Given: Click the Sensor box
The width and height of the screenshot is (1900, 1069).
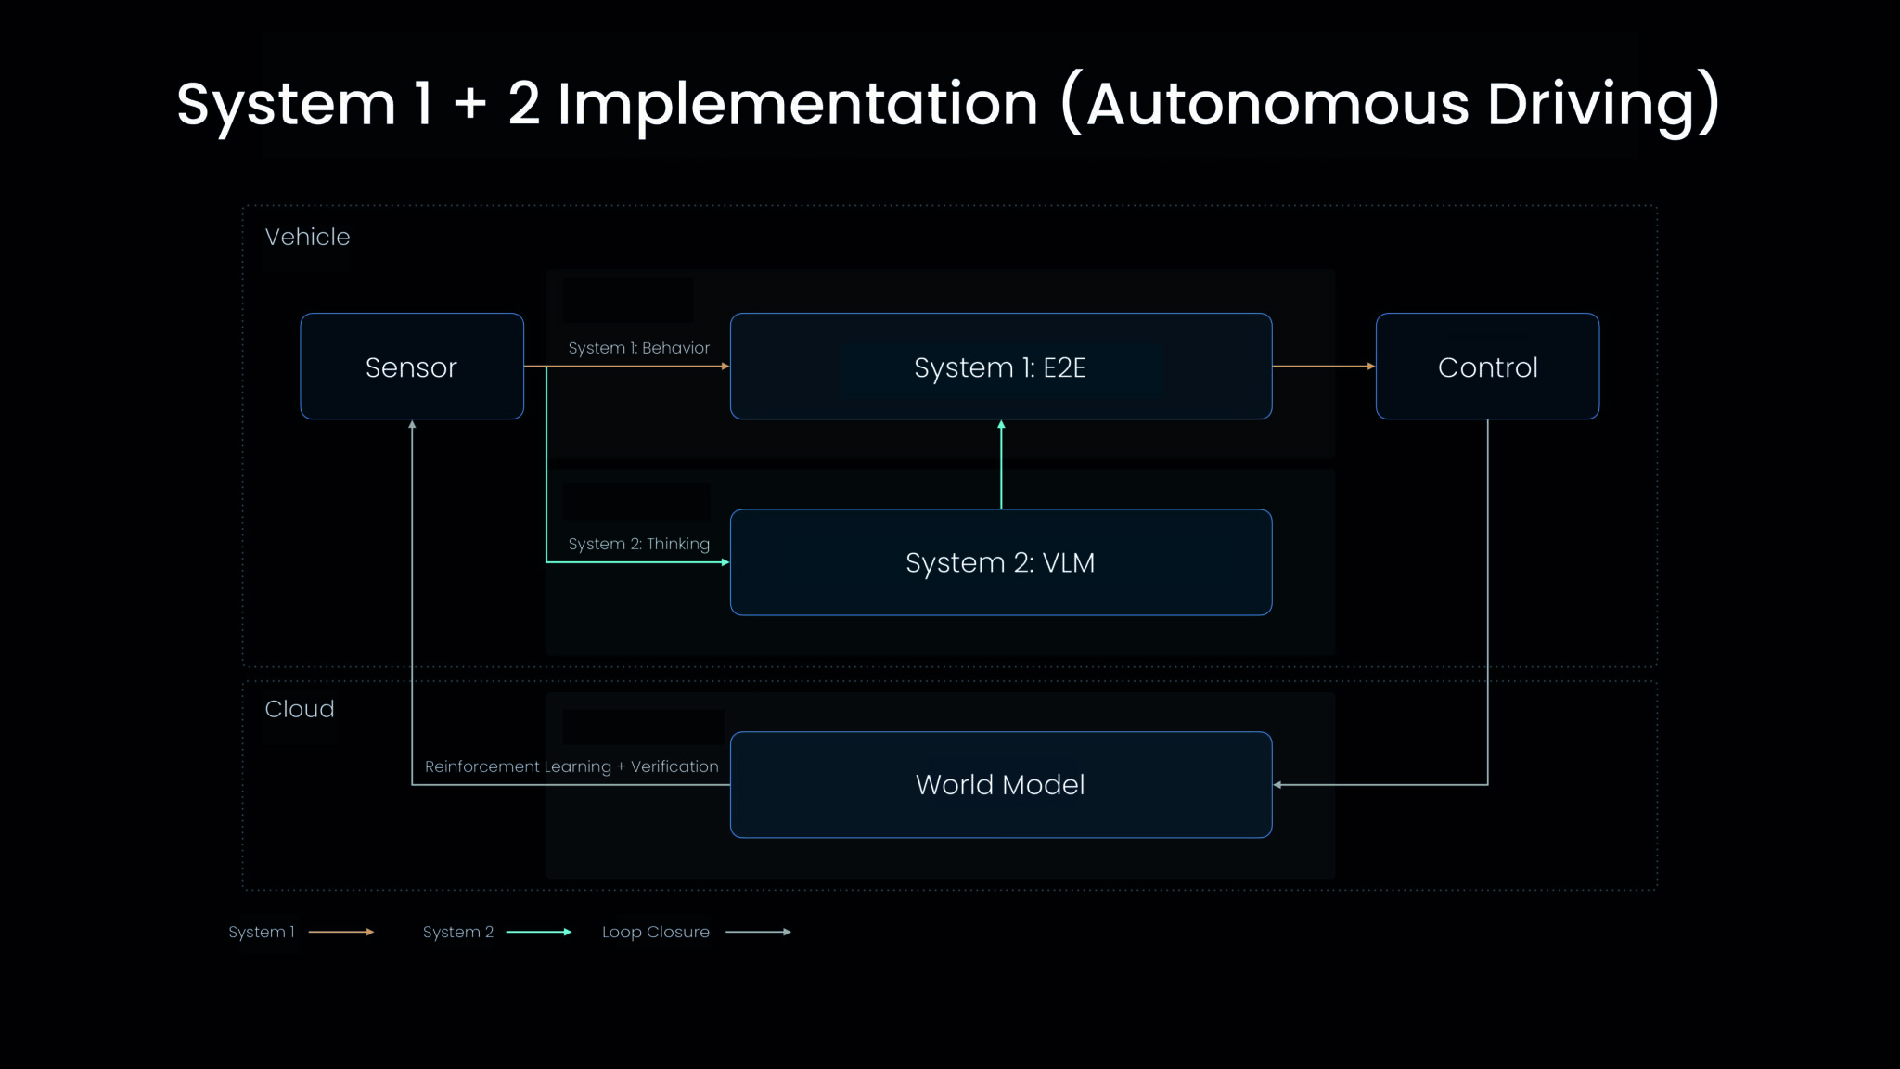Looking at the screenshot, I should tap(411, 367).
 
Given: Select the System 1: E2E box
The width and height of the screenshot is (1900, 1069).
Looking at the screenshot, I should tap(1000, 367).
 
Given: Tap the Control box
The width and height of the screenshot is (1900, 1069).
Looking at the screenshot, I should tap(1487, 367).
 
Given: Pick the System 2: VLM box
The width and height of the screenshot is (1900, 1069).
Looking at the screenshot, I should tap(1000, 562).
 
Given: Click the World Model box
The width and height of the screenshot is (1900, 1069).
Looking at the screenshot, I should tap(1000, 785).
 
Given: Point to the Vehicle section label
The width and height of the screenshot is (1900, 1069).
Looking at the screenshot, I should tap(307, 237).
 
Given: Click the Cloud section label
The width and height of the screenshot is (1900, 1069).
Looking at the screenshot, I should tap(300, 709).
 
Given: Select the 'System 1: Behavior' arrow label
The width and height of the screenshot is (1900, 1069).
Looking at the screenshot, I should tap(638, 348).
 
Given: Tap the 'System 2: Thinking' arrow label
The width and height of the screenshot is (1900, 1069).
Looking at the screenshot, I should tap(638, 544).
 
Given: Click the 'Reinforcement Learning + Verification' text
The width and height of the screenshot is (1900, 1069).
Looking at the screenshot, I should tap(571, 766).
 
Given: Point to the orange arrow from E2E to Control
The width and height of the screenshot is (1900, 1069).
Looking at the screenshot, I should tap(1323, 367).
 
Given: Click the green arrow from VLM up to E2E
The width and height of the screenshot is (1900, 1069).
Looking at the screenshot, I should tap(1001, 464).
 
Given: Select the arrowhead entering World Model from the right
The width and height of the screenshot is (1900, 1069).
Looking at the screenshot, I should tap(1278, 785).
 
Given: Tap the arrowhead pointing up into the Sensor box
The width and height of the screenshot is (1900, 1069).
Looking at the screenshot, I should tap(412, 425).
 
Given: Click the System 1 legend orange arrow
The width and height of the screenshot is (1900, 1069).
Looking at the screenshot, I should tap(340, 932).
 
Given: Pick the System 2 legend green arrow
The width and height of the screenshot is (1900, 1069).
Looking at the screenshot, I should tap(538, 932).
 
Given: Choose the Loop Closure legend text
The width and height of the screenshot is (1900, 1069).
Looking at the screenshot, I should tap(655, 932).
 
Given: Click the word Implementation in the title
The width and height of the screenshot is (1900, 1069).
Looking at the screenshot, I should tap(797, 104).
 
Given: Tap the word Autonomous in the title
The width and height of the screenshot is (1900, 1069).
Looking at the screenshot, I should tap(1277, 104).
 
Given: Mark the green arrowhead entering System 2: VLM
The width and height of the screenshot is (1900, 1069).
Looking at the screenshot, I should tap(725, 562).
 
